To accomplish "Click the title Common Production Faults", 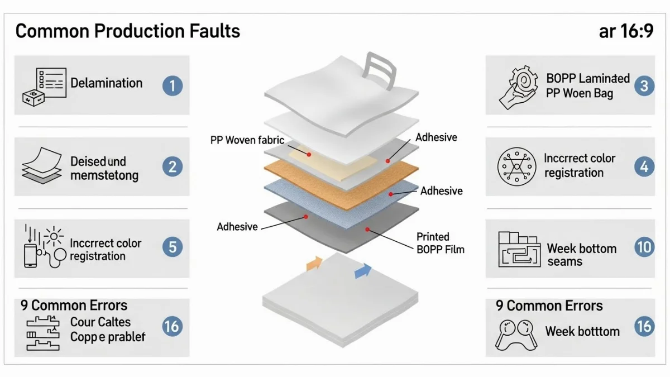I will point(127,31).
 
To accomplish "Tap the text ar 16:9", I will point(625,31).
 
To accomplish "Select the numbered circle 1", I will point(173,85).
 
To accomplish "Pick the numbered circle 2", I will point(173,166).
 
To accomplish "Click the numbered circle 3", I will point(644,85).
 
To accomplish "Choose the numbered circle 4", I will point(644,166).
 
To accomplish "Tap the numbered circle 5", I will point(173,247).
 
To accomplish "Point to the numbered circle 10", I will point(644,247).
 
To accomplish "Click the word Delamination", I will point(106,83).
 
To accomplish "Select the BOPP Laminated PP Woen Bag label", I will point(587,85).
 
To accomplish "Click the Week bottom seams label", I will point(581,255).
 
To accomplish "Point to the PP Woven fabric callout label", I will point(247,140).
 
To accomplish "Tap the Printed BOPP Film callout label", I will point(441,243).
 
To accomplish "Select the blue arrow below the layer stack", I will point(363,271).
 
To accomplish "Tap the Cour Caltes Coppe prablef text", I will point(108,330).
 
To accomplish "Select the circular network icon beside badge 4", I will point(513,166).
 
